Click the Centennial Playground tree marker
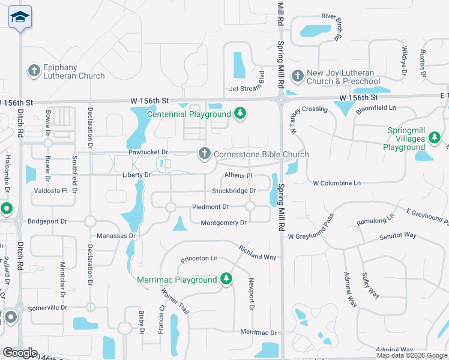pyautogui.click(x=240, y=113)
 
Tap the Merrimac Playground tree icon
pyautogui.click(x=226, y=279)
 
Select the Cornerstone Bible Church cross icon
pyautogui.click(x=205, y=154)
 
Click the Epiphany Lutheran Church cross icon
pyautogui.click(x=34, y=70)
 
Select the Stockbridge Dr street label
pyautogui.click(x=234, y=191)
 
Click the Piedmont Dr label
pyautogui.click(x=210, y=206)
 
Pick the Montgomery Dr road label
pyautogui.click(x=223, y=223)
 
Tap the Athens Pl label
pyautogui.click(x=238, y=176)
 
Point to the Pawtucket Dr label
pyautogui.click(x=148, y=153)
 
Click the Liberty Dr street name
pyautogui.click(x=137, y=175)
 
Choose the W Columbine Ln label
pyautogui.click(x=337, y=182)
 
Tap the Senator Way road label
pyautogui.click(x=398, y=236)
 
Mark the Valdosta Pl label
pyautogui.click(x=52, y=190)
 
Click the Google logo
pyautogui.click(x=20, y=353)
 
